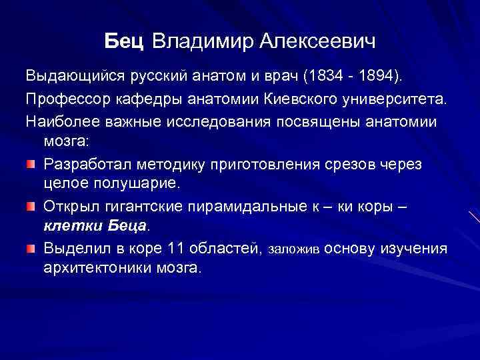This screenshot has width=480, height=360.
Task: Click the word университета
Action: [x=394, y=99]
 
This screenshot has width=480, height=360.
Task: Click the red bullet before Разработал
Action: [x=31, y=164]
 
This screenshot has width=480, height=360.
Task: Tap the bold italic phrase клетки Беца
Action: [x=95, y=225]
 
